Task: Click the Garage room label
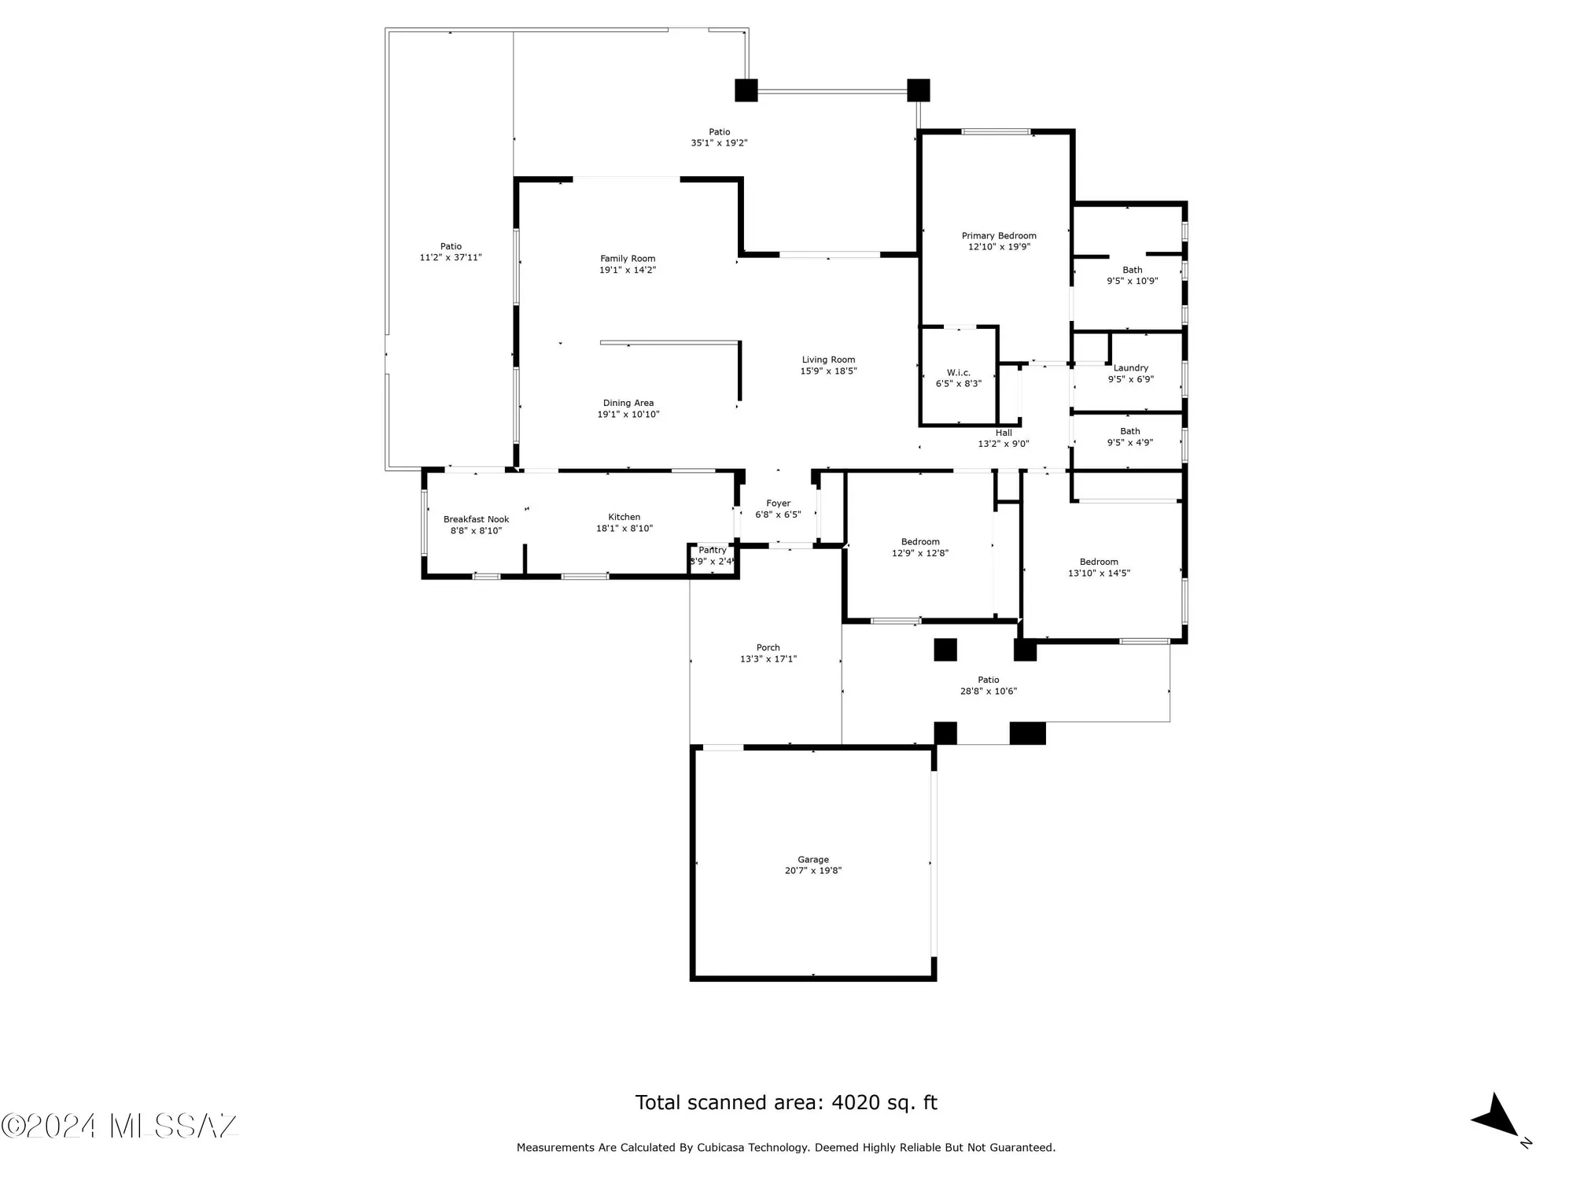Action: tap(813, 860)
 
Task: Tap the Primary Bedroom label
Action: tap(999, 236)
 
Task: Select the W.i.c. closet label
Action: tap(958, 373)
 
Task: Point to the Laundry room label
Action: tap(1131, 368)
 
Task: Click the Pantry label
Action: tap(713, 551)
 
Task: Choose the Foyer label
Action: tap(778, 503)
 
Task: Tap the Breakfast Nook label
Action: tap(476, 519)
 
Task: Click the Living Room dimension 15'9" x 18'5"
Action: tap(828, 371)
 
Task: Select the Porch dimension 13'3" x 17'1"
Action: tap(768, 659)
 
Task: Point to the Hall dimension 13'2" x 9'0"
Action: tap(1003, 444)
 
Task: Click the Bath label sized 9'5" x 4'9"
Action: tap(1130, 431)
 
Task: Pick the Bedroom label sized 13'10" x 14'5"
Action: tap(1099, 562)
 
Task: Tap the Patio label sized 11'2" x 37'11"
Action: tap(451, 246)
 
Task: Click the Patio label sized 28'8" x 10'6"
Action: tap(989, 680)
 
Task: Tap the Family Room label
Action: tap(628, 259)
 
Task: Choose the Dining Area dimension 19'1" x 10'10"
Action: tap(628, 415)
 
